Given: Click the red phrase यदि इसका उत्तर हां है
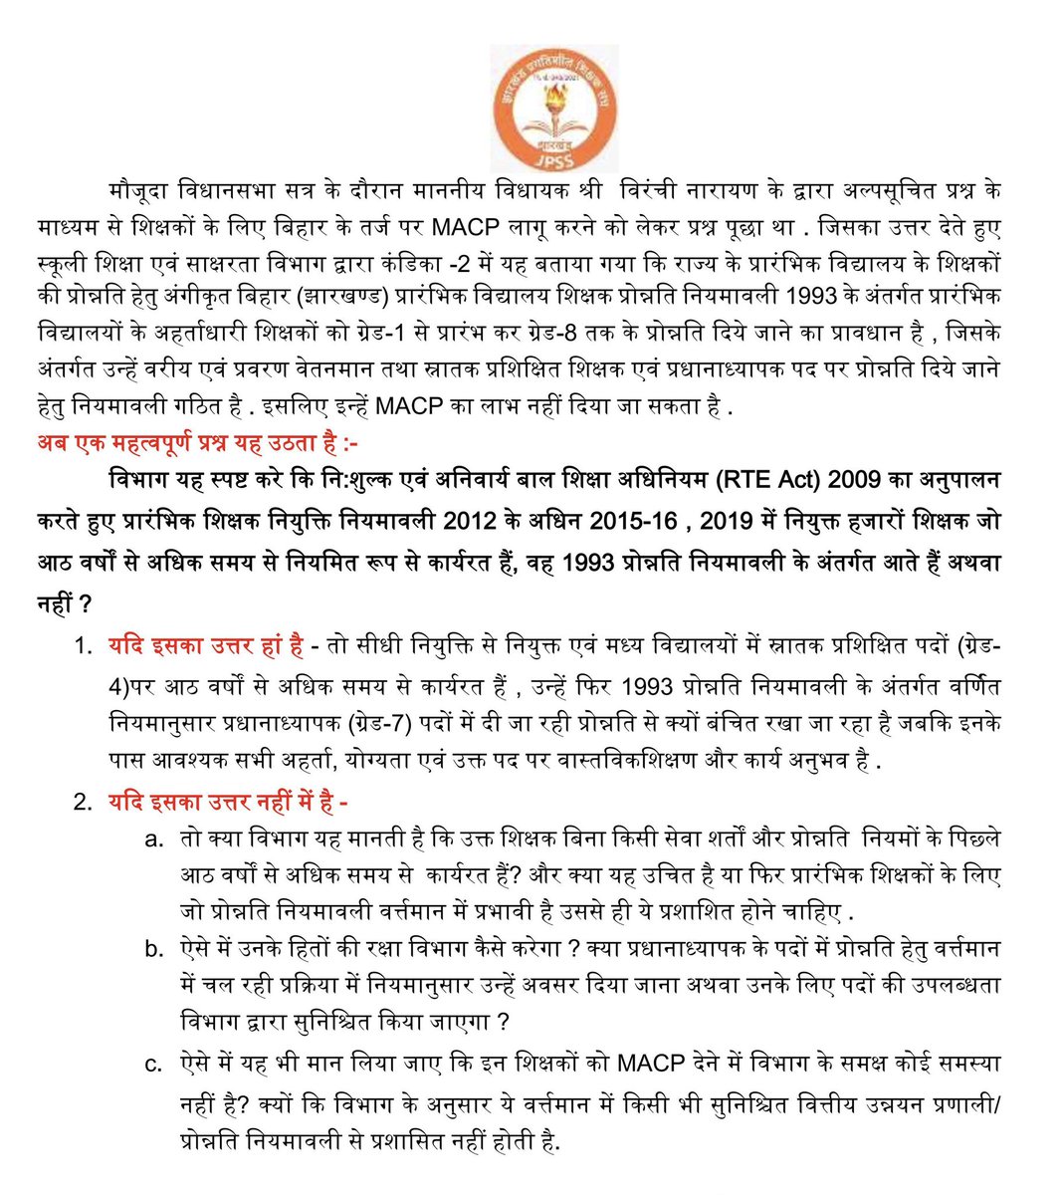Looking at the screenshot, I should tap(205, 646).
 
